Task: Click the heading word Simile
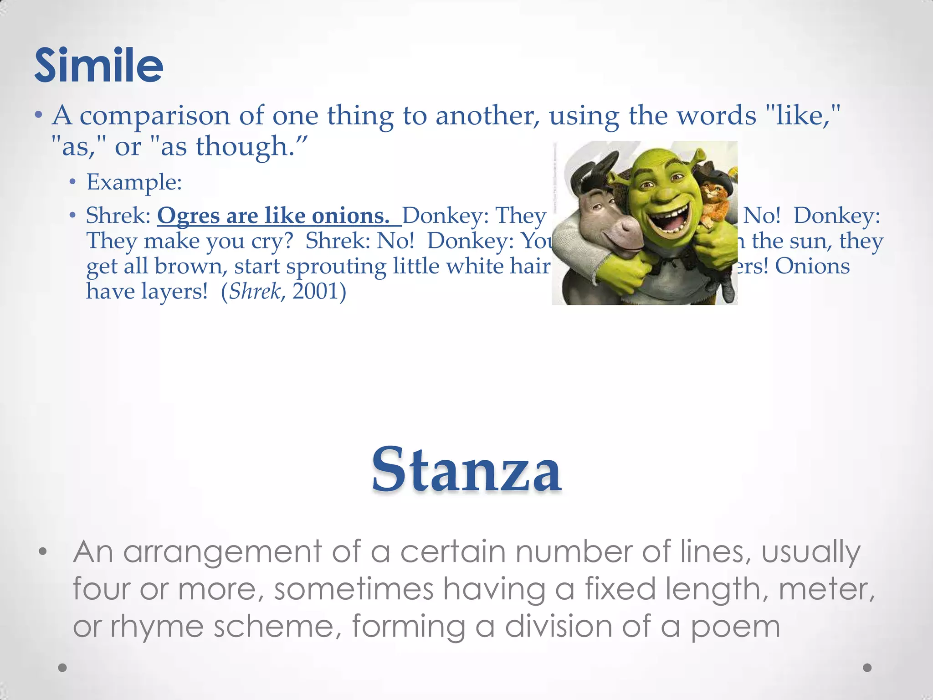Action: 98,66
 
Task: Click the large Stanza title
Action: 466,470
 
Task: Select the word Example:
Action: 134,182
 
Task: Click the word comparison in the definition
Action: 154,116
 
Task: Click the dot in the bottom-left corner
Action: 63,668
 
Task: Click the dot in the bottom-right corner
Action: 867,668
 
